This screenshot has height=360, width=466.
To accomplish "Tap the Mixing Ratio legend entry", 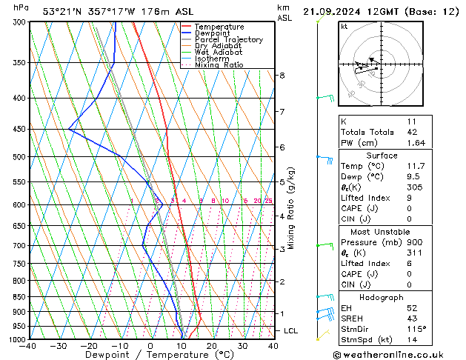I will click(x=219, y=65).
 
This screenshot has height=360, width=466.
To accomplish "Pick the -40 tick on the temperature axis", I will click(x=28, y=346).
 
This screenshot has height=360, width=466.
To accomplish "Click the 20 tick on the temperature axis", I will click(x=211, y=346).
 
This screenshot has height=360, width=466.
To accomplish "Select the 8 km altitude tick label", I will click(x=282, y=76).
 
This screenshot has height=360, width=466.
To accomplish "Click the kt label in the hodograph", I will click(x=344, y=26).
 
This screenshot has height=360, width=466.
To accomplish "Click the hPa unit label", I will click(x=21, y=7).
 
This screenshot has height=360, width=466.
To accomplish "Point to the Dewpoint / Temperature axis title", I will click(x=150, y=356).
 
